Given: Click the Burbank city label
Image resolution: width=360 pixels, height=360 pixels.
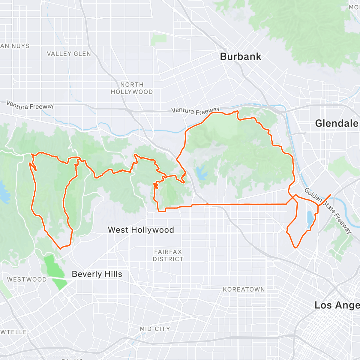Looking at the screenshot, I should (241, 56).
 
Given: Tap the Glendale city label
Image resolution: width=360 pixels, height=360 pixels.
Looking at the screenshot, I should (337, 123).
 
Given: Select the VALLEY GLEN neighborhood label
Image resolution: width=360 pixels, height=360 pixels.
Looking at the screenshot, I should (69, 54).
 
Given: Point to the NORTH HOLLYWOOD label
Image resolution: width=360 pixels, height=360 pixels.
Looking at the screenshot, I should (132, 88).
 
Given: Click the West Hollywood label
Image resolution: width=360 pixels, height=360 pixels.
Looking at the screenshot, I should (141, 230).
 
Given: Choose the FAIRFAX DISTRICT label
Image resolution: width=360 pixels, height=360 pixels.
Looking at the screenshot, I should (168, 255).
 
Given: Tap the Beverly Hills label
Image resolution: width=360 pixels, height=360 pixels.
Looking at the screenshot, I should (97, 274).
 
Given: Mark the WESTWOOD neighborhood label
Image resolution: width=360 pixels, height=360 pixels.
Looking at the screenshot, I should (27, 279).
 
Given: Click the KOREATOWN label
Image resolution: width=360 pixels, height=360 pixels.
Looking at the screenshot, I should (244, 289).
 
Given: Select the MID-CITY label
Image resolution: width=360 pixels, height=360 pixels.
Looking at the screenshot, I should (155, 329).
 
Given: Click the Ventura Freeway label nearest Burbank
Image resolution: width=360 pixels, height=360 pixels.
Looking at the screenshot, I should (195, 111).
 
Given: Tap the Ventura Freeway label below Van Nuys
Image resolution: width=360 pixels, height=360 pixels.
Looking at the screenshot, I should (30, 105).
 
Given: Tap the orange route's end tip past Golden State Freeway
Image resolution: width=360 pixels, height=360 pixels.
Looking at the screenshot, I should (331, 195).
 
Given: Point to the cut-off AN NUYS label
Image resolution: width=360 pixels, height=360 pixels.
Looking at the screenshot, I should (15, 46).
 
